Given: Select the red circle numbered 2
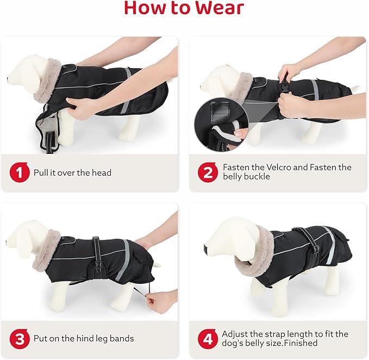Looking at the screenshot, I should pos(207,173).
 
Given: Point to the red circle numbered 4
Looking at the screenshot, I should pos(207,339).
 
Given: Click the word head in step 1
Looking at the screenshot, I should pos(102,173).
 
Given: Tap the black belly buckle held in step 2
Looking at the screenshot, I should pos(284,85).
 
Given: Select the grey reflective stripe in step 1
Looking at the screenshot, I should pos(127,90).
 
